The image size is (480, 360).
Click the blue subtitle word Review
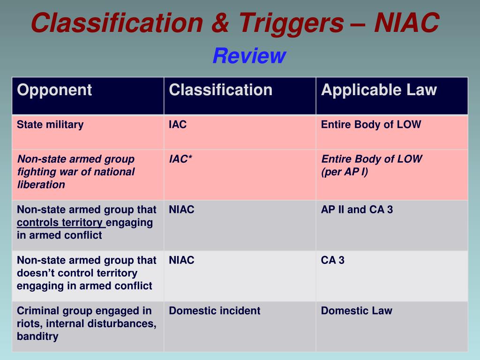coord(249,56)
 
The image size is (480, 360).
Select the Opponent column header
coord(54,90)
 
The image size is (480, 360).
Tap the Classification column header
coord(220,90)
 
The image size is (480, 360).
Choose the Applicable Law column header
coord(379,90)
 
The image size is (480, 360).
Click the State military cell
coord(50,125)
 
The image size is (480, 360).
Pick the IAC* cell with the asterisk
coord(180,159)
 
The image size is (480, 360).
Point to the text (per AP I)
coord(345,172)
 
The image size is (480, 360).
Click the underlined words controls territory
coord(60,222)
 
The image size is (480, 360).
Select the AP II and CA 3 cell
coord(357,210)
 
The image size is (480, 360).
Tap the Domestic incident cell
coord(214,311)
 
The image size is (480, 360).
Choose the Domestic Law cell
coord(356,311)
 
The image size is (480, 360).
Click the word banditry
coord(37,336)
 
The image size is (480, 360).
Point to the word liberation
coord(41,184)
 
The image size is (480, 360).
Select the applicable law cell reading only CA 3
coord(332,260)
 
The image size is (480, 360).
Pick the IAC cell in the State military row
coord(178,125)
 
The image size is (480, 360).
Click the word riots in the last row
coord(27,323)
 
